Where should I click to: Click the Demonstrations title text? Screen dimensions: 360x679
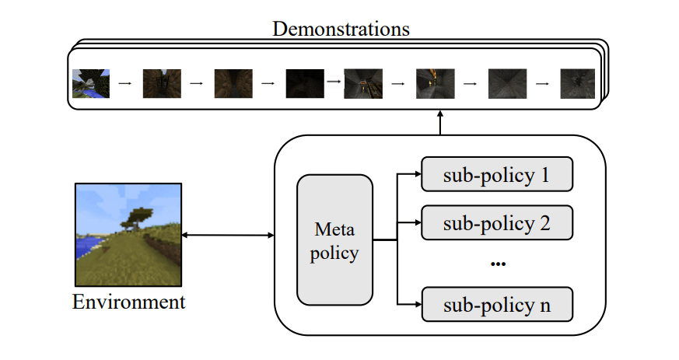click(341, 30)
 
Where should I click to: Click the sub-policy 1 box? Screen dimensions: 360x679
click(497, 175)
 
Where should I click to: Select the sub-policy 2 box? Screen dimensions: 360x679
click(497, 223)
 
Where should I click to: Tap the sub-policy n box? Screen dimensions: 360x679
click(497, 304)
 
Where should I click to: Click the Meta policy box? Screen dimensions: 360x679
click(335, 239)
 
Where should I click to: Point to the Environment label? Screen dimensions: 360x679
click(129, 302)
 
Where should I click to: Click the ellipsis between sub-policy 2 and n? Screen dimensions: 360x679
click(499, 264)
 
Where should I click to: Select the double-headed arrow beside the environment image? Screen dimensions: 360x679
click(228, 234)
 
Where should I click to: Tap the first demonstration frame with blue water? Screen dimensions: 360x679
click(91, 82)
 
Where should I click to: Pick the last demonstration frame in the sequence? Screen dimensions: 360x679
click(576, 82)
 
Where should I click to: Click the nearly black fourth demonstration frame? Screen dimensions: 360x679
click(304, 82)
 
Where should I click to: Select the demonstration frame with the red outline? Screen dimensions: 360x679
click(363, 82)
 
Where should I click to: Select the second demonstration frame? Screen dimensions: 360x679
click(162, 82)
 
